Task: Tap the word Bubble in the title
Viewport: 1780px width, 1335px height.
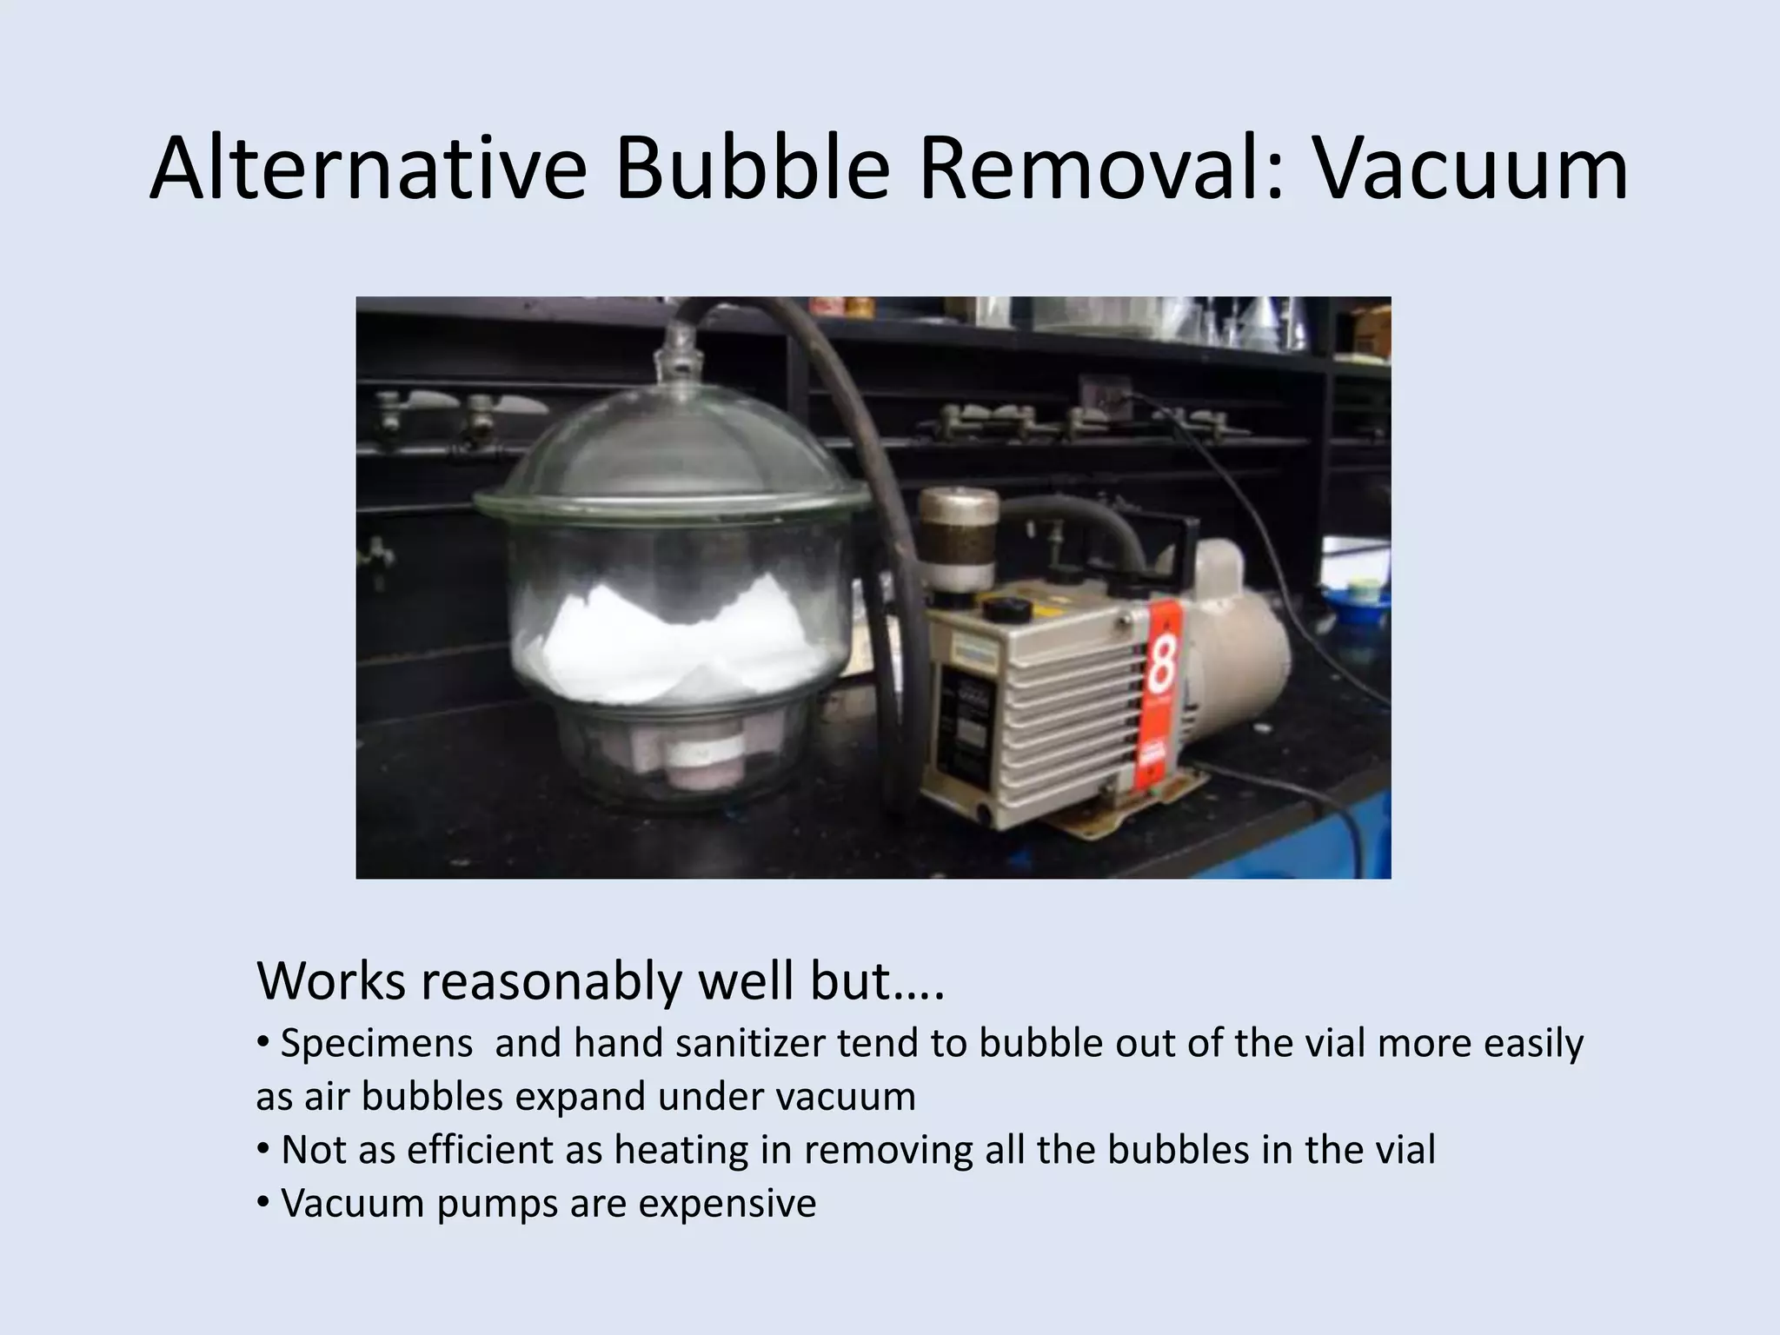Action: [753, 169]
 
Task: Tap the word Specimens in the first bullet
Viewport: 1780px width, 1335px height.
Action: [377, 1043]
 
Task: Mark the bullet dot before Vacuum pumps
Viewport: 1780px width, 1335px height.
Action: [262, 1204]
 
